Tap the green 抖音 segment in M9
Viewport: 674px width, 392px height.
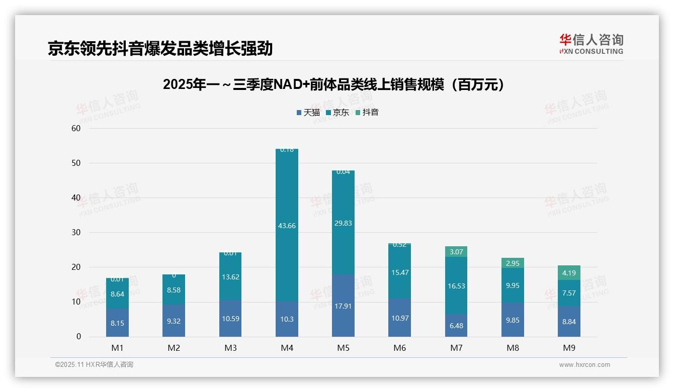569,273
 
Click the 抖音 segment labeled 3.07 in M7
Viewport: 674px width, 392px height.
456,252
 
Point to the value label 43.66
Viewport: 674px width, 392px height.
287,226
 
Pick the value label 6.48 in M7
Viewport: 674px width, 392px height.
456,326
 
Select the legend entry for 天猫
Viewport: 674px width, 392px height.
308,113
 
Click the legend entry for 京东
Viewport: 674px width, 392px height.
338,113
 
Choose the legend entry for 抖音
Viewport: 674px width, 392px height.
367,113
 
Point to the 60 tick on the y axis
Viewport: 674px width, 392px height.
76,128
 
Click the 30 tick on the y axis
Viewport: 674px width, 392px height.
76,232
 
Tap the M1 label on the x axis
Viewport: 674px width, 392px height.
117,348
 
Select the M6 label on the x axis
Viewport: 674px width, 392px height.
399,348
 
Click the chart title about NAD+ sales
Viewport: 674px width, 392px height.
334,85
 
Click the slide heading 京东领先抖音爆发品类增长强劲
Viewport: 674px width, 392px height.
160,49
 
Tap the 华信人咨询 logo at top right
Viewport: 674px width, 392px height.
591,44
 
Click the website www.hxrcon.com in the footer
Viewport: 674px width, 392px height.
584,365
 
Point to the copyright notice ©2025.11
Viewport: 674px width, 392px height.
94,365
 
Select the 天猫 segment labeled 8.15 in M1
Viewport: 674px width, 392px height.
117,323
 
